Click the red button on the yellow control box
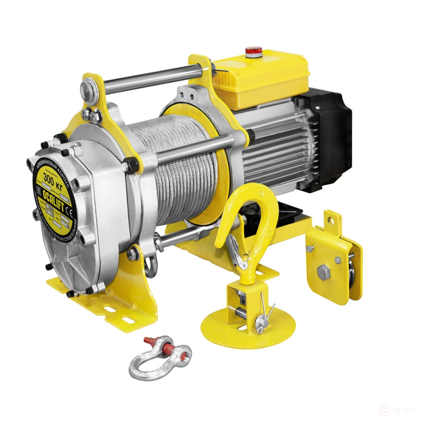coord(254,50)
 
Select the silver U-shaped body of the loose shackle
coord(141,363)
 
